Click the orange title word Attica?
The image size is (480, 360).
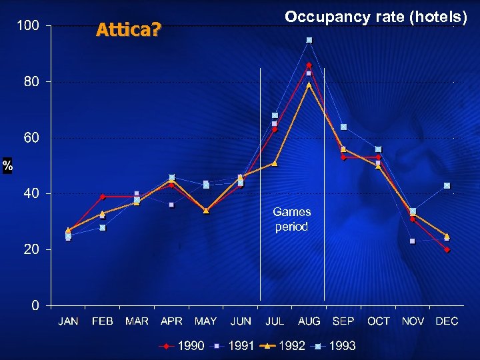tap(128, 30)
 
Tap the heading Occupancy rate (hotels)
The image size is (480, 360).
tap(376, 17)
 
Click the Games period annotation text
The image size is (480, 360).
tap(292, 219)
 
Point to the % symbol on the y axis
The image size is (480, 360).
tap(7, 166)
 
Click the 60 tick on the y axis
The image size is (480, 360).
tap(31, 137)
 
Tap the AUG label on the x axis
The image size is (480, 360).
tap(309, 321)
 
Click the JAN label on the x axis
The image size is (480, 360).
tap(68, 321)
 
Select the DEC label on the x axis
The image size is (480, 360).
tap(447, 321)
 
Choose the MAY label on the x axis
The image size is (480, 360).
tap(205, 321)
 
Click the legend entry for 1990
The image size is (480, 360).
tap(181, 346)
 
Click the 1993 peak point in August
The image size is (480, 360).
tap(309, 40)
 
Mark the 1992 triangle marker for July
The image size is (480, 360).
tap(275, 163)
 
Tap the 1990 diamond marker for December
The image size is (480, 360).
tap(447, 249)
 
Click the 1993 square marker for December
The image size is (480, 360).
tap(447, 185)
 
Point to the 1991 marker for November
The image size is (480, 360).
tap(413, 241)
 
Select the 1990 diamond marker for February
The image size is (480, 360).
tap(102, 197)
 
